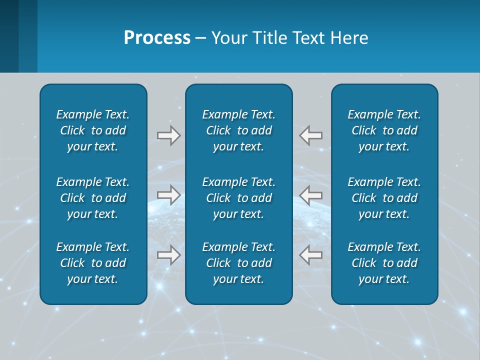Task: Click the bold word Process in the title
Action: [157, 38]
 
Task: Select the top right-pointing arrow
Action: [168, 135]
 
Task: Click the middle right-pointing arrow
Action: [168, 195]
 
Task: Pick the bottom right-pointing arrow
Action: [168, 255]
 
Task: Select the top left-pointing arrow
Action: [311, 135]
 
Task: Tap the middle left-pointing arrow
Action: [311, 195]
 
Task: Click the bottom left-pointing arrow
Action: [311, 255]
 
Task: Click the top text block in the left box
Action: [93, 130]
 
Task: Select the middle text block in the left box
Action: [93, 198]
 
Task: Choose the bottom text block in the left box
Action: [93, 263]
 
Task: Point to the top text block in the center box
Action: [238, 130]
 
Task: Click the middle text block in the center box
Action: [238, 198]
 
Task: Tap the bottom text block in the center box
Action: [238, 263]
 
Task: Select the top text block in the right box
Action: [384, 130]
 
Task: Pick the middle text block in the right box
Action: [384, 198]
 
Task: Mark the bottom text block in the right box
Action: [384, 263]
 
